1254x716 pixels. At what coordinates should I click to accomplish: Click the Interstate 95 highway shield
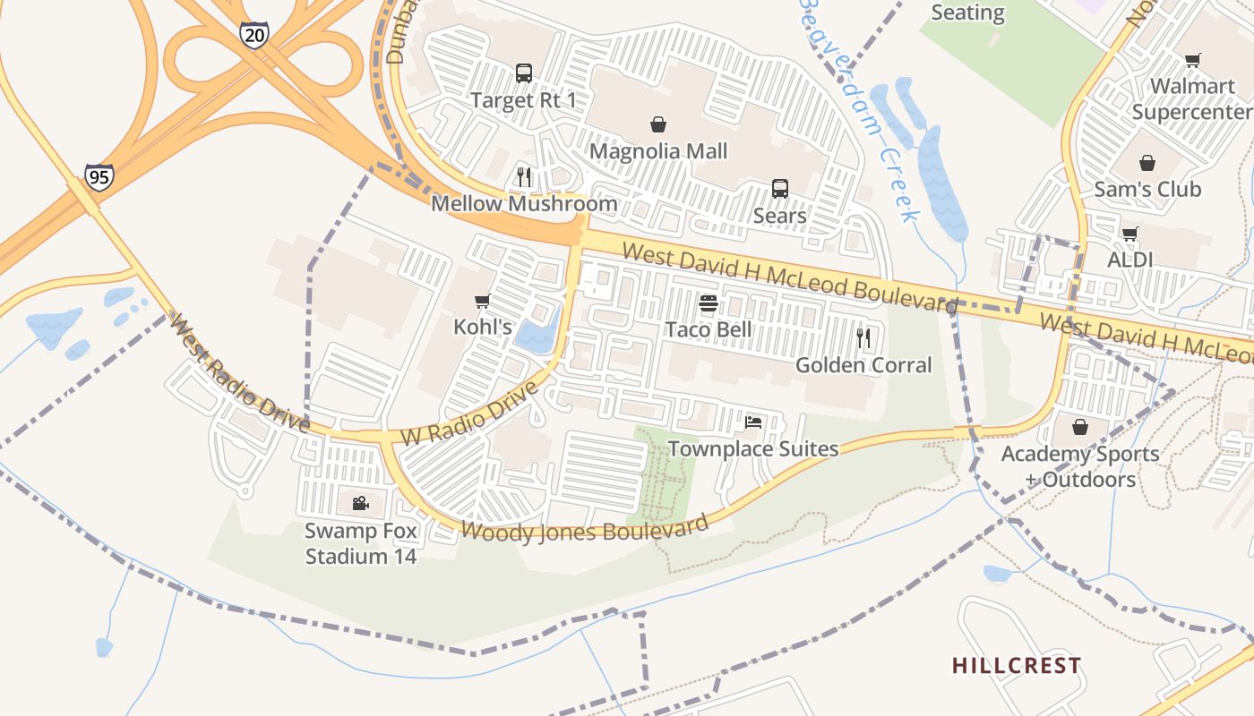99,177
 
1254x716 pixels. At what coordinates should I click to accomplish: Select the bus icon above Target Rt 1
524,73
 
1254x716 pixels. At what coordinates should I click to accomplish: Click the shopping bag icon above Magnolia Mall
658,124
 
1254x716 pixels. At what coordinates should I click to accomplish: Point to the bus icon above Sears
780,189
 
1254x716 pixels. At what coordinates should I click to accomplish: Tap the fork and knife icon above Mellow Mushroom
524,176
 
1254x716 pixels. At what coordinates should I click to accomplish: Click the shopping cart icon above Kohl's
483,301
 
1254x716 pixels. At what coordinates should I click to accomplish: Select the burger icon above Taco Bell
709,303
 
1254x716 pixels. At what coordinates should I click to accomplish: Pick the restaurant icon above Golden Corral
863,337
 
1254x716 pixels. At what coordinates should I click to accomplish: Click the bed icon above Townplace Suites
753,422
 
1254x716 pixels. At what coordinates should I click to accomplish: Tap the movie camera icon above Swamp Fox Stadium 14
360,504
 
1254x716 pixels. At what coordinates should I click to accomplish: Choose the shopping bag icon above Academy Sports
1080,426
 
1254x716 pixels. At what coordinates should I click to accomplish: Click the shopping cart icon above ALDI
1129,234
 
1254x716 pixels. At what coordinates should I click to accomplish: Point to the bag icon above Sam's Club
1147,163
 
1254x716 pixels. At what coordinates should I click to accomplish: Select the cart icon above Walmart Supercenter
1192,61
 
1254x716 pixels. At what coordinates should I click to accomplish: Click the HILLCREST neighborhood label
1017,666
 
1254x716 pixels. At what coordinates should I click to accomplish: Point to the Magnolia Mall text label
658,151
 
